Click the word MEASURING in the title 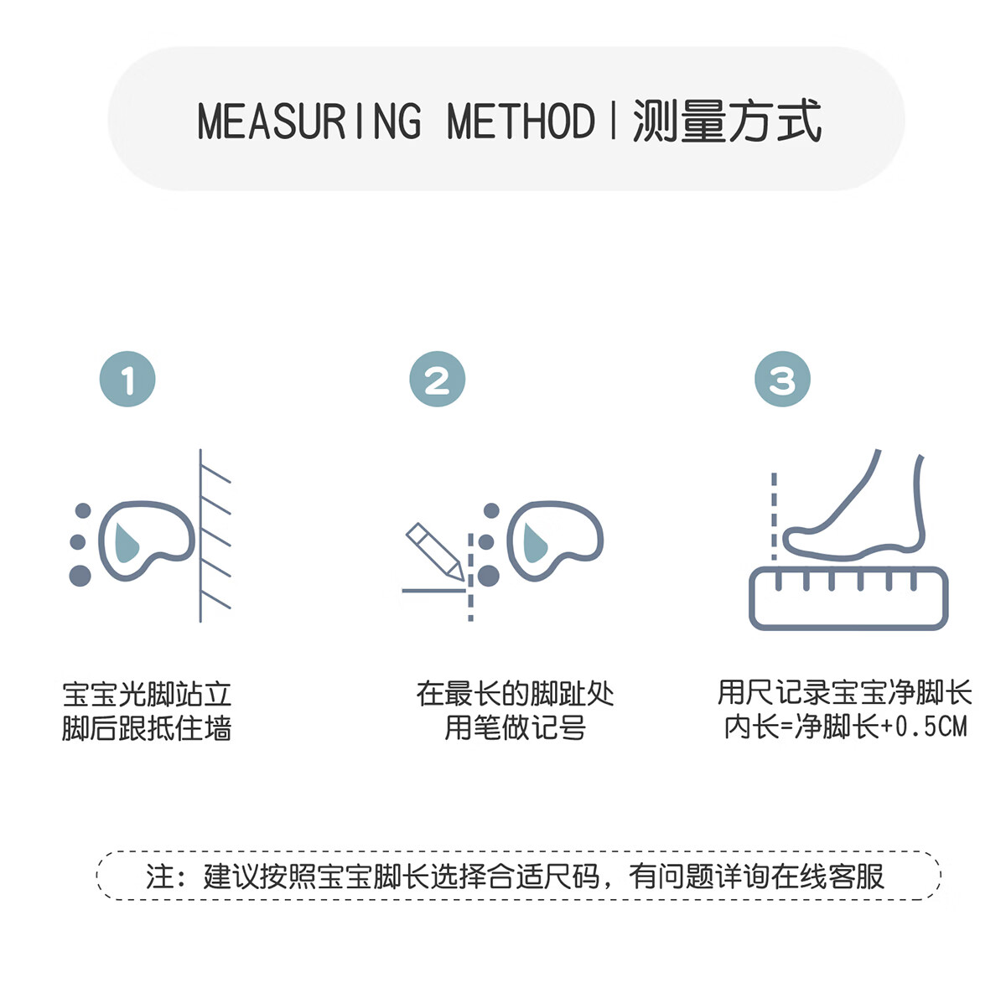click(x=309, y=122)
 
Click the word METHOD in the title click(x=521, y=122)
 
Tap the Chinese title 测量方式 click(x=727, y=122)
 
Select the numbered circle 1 click(x=127, y=380)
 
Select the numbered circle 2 click(x=437, y=380)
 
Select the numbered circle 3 click(x=782, y=380)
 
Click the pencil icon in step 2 click(x=434, y=551)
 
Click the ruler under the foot click(x=848, y=598)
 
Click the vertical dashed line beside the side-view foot click(x=774, y=515)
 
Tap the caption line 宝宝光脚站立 click(x=147, y=694)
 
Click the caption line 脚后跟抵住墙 click(x=147, y=728)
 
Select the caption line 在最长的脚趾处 click(x=515, y=694)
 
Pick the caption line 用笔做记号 click(x=515, y=728)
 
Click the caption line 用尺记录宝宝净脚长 click(x=844, y=693)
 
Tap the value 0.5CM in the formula click(x=931, y=727)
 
